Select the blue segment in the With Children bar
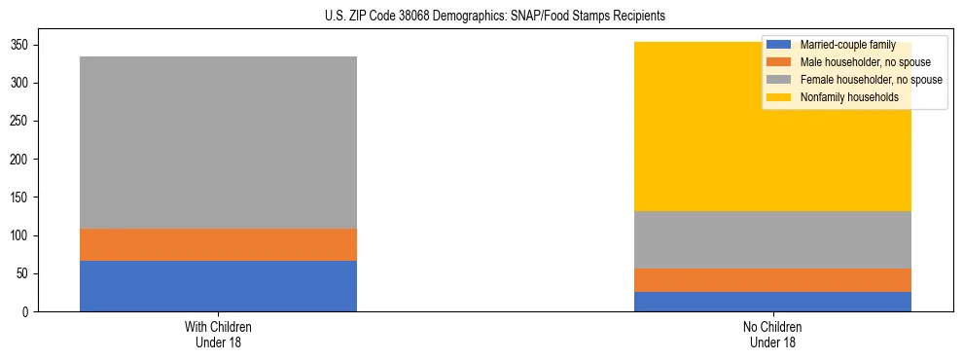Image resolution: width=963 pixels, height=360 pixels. tap(218, 286)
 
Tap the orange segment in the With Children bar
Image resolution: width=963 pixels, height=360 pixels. tap(218, 244)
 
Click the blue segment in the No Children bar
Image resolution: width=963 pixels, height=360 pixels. tap(772, 302)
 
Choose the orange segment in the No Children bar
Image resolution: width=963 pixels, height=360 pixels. tap(772, 280)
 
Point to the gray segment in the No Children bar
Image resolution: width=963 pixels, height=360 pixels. tap(772, 239)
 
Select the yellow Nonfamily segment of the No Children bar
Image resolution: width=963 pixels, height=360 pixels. tap(681, 146)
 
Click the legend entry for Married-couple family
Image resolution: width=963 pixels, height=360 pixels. tap(847, 45)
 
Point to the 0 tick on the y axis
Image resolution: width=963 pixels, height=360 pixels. tap(28, 312)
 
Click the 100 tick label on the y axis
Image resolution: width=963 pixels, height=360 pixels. tap(22, 235)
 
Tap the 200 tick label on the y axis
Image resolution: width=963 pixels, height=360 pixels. tap(22, 160)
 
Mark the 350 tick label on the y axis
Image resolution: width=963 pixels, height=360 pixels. tap(22, 46)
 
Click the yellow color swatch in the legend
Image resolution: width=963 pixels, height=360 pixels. tap(779, 97)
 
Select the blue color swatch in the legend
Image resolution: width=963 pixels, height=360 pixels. tap(779, 45)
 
